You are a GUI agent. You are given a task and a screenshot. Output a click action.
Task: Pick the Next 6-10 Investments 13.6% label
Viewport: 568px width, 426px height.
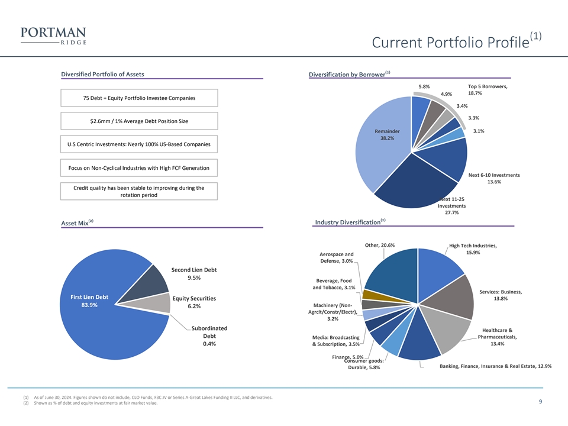(x=493, y=179)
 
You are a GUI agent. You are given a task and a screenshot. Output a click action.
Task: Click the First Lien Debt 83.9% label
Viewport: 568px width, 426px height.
(x=89, y=301)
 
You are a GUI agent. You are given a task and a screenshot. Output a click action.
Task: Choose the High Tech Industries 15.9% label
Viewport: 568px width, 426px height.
(x=473, y=249)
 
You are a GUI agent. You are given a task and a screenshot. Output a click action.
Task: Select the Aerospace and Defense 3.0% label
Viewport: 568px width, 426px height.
(x=337, y=258)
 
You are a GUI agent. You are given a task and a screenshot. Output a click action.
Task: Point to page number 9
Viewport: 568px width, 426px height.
(x=541, y=402)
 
